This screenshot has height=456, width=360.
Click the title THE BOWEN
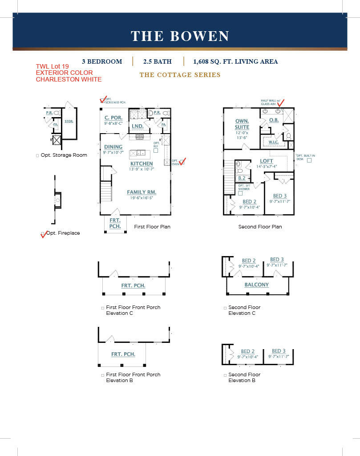point(180,36)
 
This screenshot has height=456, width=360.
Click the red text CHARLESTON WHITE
point(69,79)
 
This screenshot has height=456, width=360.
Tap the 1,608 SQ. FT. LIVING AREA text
point(235,61)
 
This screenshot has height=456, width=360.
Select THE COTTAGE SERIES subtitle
point(180,75)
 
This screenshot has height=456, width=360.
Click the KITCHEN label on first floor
point(142,164)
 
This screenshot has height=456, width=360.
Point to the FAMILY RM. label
point(141,192)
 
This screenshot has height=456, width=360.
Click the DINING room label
point(113,147)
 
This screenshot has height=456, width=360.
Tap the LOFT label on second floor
point(267,161)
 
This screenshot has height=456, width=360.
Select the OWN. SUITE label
point(242,124)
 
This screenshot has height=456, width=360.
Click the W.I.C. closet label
point(273,142)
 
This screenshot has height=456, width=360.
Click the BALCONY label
point(256,285)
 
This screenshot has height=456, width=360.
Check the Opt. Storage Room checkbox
point(37,155)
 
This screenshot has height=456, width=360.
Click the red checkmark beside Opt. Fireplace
point(44,234)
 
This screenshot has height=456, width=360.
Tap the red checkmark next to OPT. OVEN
point(182,161)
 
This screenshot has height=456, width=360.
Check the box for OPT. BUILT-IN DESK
point(309,160)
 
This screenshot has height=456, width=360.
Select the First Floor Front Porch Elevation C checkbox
point(103,308)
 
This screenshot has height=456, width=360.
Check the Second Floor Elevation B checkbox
point(225,375)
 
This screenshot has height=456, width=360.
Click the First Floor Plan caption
point(152,227)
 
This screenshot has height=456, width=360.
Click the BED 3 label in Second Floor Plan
point(280,196)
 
